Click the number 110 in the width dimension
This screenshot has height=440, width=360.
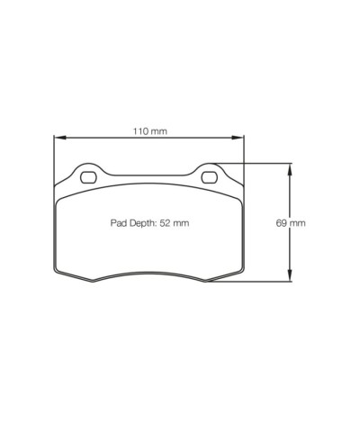[139, 131]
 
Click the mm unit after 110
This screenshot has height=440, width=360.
[158, 131]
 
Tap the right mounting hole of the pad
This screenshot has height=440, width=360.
[210, 175]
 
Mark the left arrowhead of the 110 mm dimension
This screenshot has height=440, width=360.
[58, 138]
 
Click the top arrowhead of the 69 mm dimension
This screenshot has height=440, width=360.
[288, 167]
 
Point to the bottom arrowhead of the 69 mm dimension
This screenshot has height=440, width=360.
[288, 277]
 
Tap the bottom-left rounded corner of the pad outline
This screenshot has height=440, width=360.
[59, 271]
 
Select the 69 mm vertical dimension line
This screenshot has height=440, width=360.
[288, 198]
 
